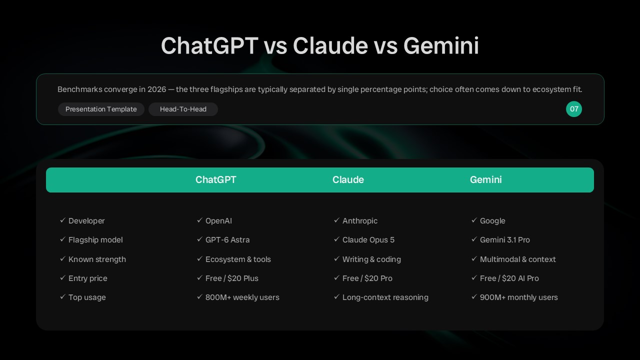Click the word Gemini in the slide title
tap(441, 45)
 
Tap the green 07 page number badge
tap(573, 109)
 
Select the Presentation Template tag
tap(101, 109)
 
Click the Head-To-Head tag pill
tap(183, 109)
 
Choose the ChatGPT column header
tap(215, 179)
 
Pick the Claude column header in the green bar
tap(348, 179)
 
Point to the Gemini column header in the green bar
tap(485, 179)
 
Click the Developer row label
tap(86, 221)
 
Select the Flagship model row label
tap(95, 240)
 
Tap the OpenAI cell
tap(218, 221)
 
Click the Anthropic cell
tap(359, 221)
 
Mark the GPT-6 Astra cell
tap(227, 240)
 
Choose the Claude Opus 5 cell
tap(368, 240)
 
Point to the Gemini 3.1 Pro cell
tap(505, 240)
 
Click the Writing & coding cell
tap(371, 259)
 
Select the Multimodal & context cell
tap(517, 259)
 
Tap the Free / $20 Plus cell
tap(231, 278)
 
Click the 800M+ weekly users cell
tap(242, 297)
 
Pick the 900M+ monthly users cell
tap(519, 297)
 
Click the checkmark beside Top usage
tap(63, 297)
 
